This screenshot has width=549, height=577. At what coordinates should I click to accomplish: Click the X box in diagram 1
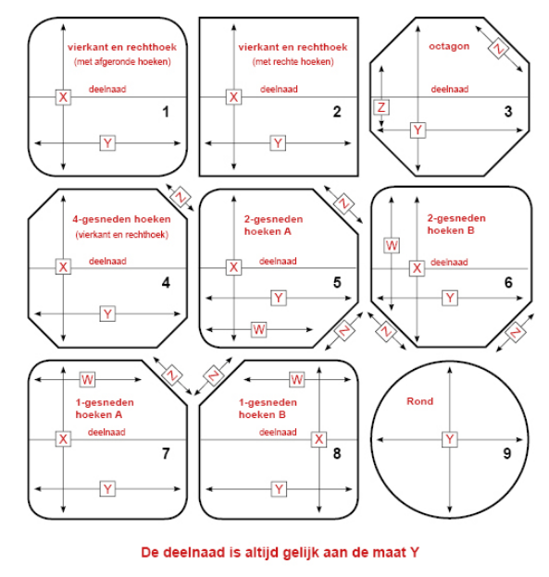click(x=63, y=97)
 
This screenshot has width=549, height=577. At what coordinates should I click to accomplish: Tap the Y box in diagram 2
click(x=278, y=142)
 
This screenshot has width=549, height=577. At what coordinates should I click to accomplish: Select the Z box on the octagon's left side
click(x=381, y=107)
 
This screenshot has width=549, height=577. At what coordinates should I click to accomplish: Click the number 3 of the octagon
click(x=508, y=111)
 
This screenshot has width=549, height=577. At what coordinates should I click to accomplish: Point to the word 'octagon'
click(x=449, y=46)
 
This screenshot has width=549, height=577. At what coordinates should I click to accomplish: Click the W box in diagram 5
click(x=259, y=329)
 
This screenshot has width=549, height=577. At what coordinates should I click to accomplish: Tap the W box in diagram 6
click(x=392, y=245)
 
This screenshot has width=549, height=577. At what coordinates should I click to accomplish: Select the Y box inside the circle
click(x=450, y=439)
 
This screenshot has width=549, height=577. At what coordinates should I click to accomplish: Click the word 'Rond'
click(x=419, y=401)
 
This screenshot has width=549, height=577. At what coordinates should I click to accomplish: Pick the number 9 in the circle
click(x=507, y=453)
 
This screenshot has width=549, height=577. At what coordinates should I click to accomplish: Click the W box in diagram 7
click(x=87, y=379)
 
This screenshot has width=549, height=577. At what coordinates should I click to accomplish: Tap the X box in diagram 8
click(x=318, y=439)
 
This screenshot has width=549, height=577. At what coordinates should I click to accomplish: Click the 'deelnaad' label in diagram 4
click(x=107, y=262)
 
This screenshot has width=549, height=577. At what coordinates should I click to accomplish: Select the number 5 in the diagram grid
click(x=337, y=283)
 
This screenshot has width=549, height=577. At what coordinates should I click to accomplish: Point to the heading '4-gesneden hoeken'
click(x=121, y=219)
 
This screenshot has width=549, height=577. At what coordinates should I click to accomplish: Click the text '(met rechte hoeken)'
click(x=293, y=61)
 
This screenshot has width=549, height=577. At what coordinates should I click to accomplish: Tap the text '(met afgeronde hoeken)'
click(x=122, y=61)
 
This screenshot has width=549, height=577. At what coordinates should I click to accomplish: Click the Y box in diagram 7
click(x=107, y=489)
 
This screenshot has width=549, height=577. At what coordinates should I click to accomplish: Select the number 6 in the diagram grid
click(x=508, y=283)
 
